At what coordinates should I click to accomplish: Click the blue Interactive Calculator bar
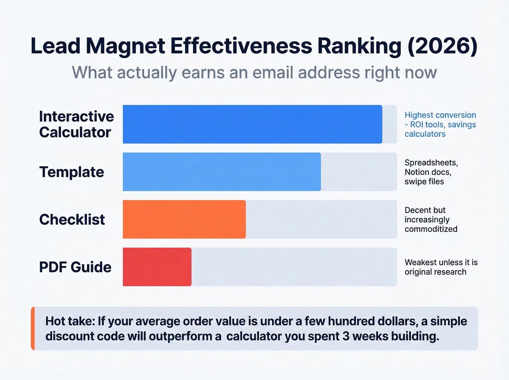tap(252, 124)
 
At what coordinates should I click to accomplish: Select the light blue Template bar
tap(222, 172)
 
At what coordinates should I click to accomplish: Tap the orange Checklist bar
tap(184, 219)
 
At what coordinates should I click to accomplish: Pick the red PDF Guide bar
tap(157, 267)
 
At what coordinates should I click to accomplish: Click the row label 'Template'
tap(72, 172)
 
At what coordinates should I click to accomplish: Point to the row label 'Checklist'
tap(72, 220)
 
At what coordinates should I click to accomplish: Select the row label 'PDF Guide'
tap(75, 267)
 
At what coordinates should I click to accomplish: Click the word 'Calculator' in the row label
tap(75, 132)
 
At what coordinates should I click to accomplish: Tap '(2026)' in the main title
tap(442, 46)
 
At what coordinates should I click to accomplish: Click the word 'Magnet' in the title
tap(125, 46)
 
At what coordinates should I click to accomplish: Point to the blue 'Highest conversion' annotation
tap(440, 115)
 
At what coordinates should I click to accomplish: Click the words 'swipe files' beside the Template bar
tap(424, 181)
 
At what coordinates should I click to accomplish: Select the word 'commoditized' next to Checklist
tap(431, 229)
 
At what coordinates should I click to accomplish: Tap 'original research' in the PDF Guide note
tap(435, 272)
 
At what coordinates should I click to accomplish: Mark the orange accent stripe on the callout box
tap(33, 328)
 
